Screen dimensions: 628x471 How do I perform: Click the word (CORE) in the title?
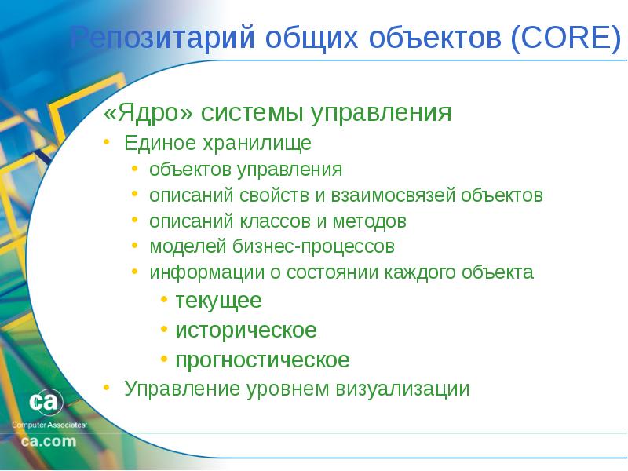(x=566, y=37)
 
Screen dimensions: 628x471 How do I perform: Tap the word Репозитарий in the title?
(x=162, y=37)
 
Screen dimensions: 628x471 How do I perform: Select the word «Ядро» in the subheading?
(x=148, y=112)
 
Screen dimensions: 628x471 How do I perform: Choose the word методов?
(x=369, y=221)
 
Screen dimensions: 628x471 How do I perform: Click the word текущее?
(x=219, y=301)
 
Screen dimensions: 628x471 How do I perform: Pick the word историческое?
(x=246, y=330)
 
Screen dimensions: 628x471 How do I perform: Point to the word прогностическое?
(x=262, y=360)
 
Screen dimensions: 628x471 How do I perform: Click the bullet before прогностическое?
(x=164, y=358)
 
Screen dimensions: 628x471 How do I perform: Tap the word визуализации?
(x=402, y=389)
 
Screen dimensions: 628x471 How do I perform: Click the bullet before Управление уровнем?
(x=106, y=387)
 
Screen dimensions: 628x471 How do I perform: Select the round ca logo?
(x=46, y=402)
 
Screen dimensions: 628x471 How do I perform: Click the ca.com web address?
(x=49, y=441)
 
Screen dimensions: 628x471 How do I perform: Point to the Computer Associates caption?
(x=49, y=425)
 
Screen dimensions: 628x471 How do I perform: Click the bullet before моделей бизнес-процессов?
(x=134, y=245)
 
